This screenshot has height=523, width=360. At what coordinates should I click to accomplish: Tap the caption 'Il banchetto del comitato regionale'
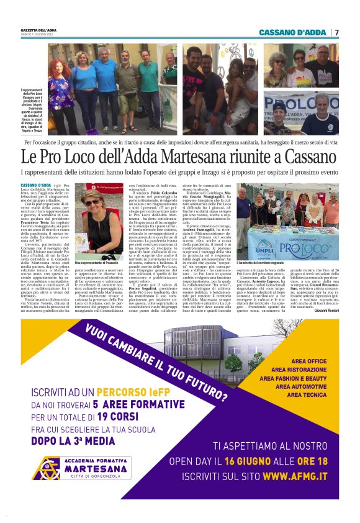click(264, 263)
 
